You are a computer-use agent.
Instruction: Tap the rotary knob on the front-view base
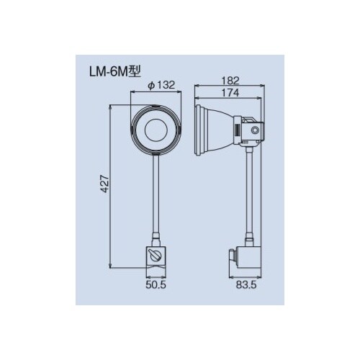[156, 256]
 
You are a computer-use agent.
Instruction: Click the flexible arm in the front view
[156, 194]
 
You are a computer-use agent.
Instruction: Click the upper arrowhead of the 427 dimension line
[111, 107]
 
